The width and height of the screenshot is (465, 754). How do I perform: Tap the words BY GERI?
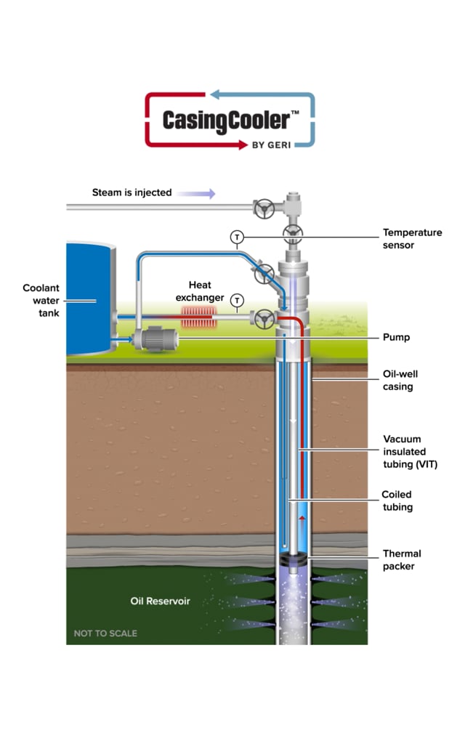[272, 144]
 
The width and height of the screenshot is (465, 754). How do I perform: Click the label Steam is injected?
[132, 192]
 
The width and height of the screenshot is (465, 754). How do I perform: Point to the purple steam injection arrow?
[196, 193]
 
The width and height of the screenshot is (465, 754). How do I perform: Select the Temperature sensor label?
[412, 239]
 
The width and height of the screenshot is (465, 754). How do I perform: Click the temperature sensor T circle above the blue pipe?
[236, 237]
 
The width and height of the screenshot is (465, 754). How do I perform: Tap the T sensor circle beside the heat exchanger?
[236, 300]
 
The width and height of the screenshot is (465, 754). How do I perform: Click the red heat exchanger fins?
[199, 317]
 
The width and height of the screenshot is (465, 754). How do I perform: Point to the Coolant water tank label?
[41, 299]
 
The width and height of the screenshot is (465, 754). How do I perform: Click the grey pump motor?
[159, 338]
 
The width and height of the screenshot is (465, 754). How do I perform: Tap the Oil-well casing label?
[400, 380]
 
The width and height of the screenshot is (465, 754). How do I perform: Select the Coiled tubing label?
[397, 500]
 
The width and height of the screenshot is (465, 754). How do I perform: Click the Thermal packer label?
[402, 559]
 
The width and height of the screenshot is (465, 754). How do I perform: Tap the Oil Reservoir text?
[160, 601]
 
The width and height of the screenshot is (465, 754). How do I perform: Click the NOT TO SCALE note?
[105, 633]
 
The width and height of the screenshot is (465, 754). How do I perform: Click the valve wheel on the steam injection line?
[262, 208]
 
